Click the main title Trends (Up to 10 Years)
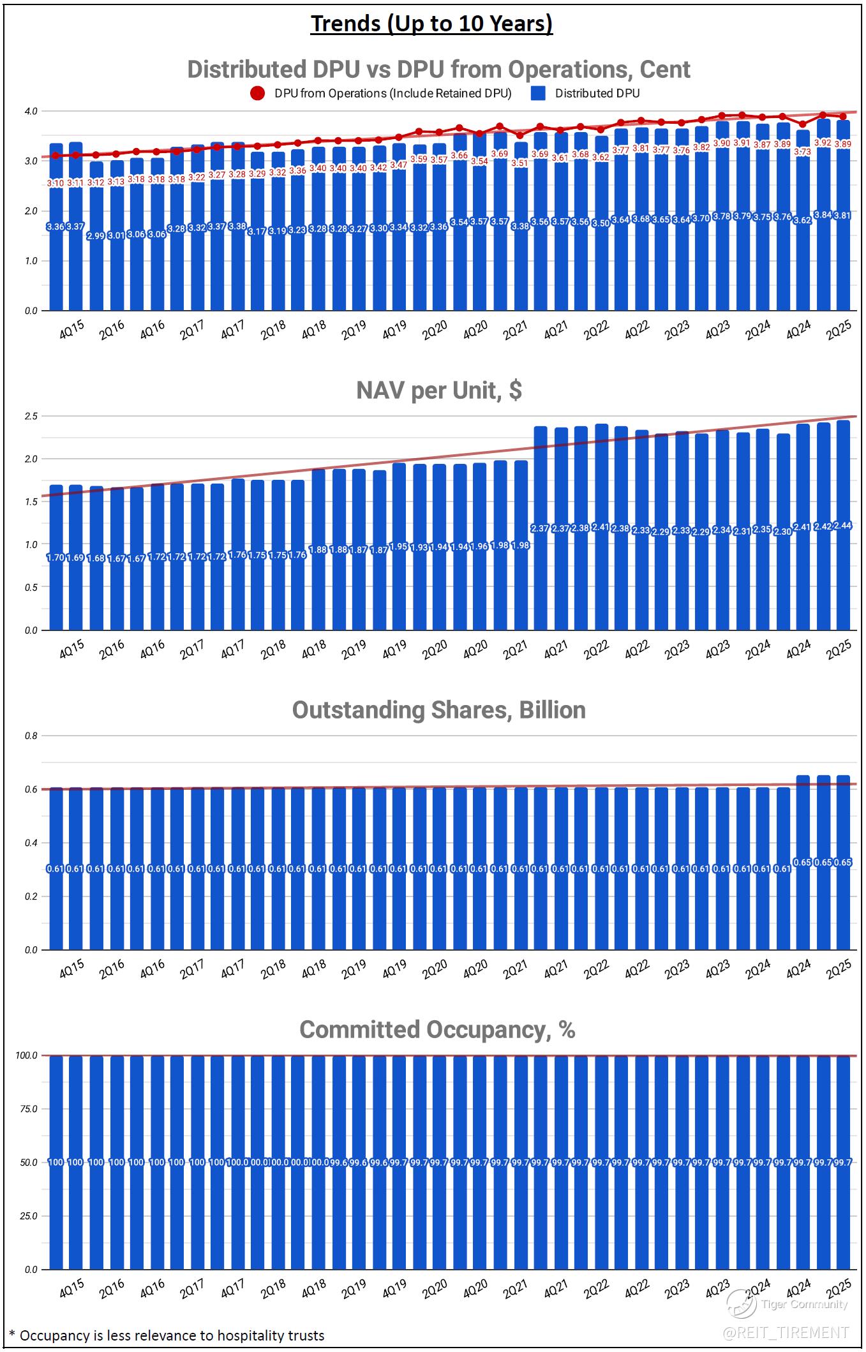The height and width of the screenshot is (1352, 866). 432,24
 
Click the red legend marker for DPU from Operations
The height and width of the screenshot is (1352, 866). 257,93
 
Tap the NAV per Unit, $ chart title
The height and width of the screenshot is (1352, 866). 438,390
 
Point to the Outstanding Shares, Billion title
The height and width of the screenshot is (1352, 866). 438,709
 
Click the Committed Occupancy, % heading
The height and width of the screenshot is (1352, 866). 437,1029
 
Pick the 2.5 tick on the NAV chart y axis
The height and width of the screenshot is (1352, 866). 31,416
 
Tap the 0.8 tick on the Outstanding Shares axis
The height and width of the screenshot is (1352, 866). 31,736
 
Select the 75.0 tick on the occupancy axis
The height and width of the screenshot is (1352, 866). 29,1109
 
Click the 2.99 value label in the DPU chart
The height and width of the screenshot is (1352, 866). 96,236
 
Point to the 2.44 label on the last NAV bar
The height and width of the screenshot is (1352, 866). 843,526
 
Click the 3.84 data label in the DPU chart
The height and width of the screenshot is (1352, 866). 823,215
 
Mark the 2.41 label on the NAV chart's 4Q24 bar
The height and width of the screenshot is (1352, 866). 802,527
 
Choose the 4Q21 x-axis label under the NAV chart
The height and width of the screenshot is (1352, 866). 555,650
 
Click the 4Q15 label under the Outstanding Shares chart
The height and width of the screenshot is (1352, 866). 71,969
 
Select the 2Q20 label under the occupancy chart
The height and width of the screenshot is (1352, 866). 434,1289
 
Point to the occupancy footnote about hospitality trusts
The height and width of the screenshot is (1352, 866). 167,1335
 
